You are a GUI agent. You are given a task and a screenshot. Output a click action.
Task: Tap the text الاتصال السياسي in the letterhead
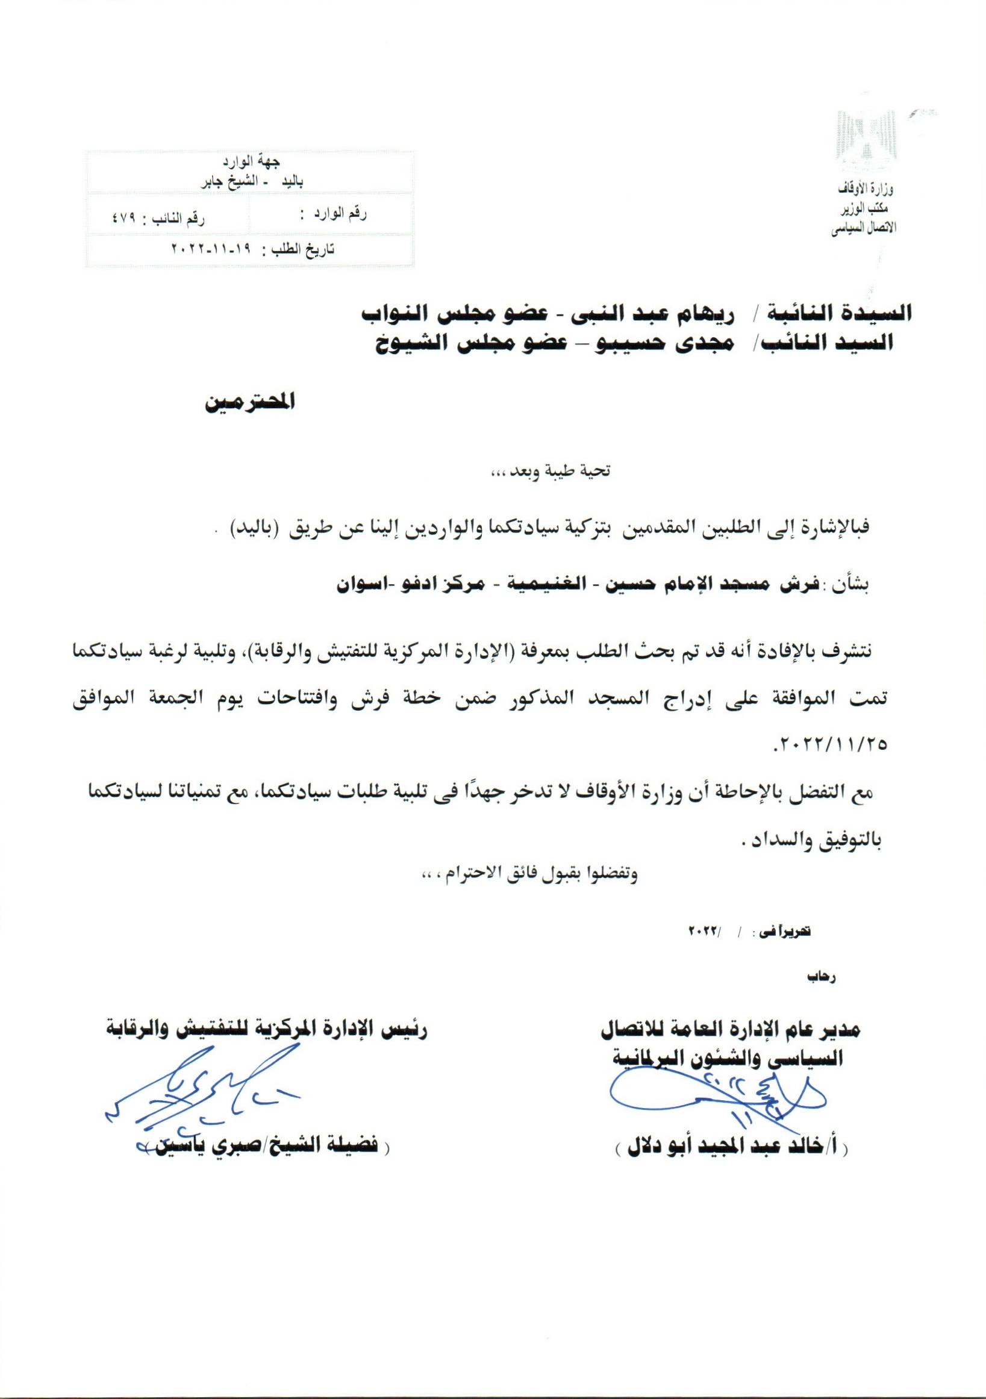pyautogui.click(x=860, y=231)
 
